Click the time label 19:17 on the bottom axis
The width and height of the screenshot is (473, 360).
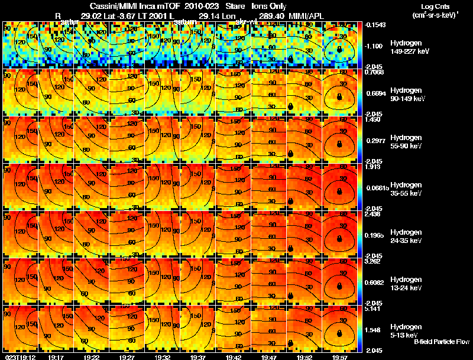click(56, 356)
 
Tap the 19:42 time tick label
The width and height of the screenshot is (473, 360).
click(234, 356)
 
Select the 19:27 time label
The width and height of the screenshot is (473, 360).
click(127, 356)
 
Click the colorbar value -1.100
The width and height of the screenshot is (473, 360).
click(374, 46)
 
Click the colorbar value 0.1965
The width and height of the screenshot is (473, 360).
click(374, 235)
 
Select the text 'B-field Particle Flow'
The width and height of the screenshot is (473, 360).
click(442, 342)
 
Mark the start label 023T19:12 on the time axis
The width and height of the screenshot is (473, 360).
click(18, 356)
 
